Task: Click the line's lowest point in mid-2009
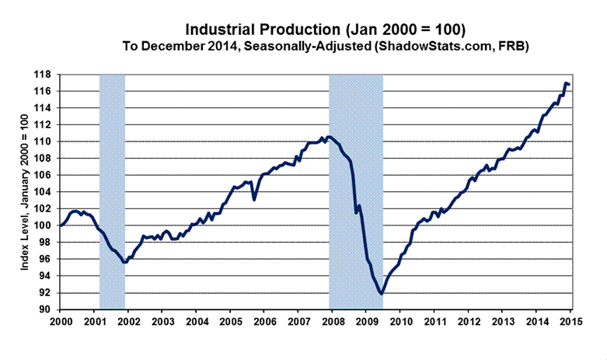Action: click(x=381, y=294)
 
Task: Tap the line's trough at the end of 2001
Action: click(x=124, y=263)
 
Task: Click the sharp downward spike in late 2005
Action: click(x=254, y=200)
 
